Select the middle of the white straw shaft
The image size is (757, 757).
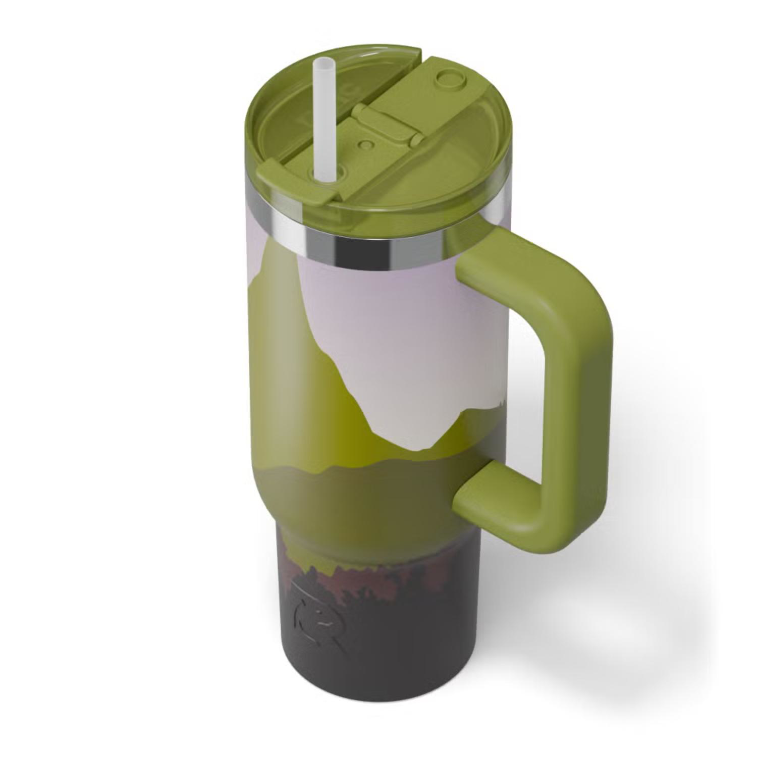click(x=321, y=121)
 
